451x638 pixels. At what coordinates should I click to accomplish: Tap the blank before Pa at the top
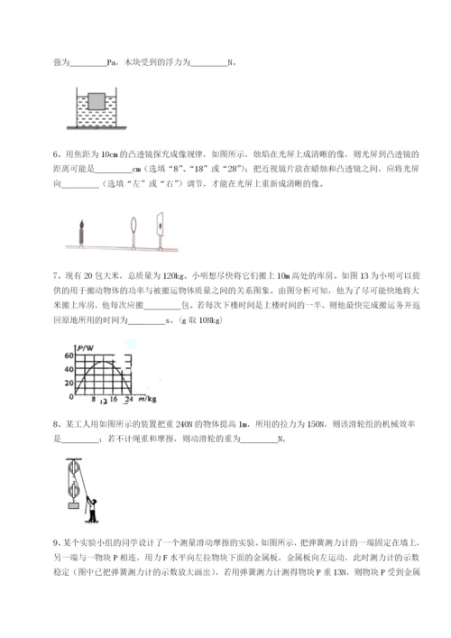[x=87, y=63]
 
